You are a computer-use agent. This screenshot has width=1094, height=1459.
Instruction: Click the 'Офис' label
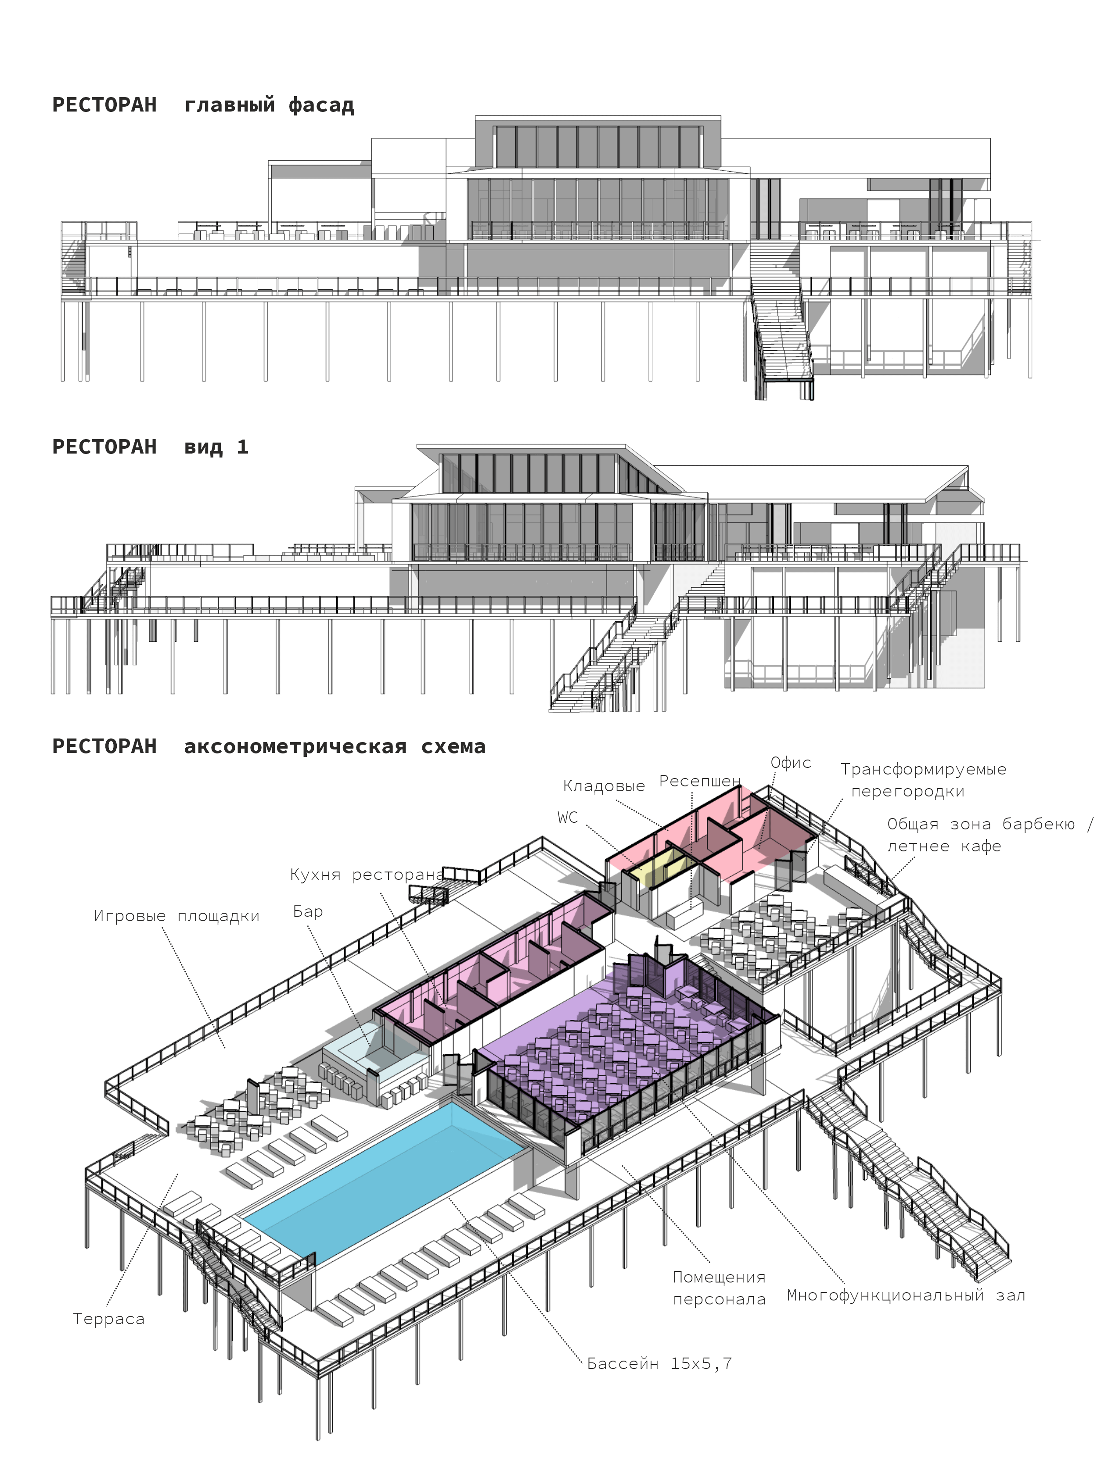[x=791, y=763]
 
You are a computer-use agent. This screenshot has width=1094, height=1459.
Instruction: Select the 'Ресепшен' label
[x=700, y=781]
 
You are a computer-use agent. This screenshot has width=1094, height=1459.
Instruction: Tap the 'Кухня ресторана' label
[x=367, y=875]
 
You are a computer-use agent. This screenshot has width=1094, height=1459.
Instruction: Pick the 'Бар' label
[x=308, y=911]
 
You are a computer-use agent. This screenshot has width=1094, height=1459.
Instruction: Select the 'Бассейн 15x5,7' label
[x=659, y=1363]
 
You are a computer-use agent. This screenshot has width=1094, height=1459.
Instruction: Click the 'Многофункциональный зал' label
[x=906, y=1295]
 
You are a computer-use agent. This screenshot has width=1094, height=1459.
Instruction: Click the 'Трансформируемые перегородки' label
[x=923, y=780]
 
